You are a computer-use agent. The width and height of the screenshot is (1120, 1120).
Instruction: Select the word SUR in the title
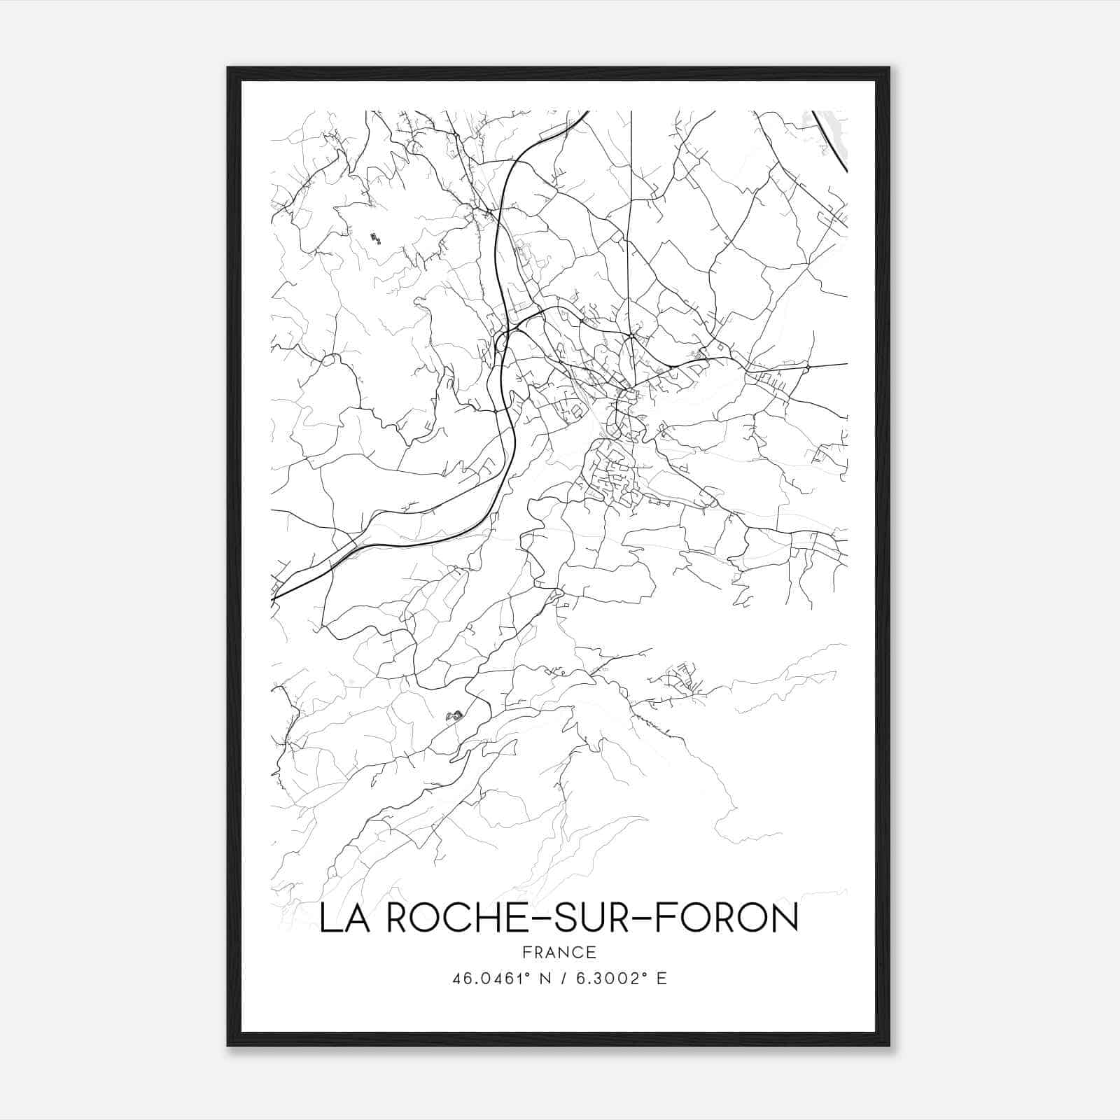coord(595,919)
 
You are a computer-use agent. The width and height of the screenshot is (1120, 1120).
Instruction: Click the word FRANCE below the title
coord(559,953)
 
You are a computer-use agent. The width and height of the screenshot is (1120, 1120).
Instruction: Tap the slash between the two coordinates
coord(562,978)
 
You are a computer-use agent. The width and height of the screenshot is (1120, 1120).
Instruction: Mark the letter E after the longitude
coord(661,978)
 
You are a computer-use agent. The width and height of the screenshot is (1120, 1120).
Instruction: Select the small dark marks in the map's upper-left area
coord(375,238)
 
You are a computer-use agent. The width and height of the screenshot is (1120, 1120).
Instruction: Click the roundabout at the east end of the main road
coord(807,367)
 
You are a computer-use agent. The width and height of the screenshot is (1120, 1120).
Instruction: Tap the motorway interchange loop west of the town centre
coord(502,342)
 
